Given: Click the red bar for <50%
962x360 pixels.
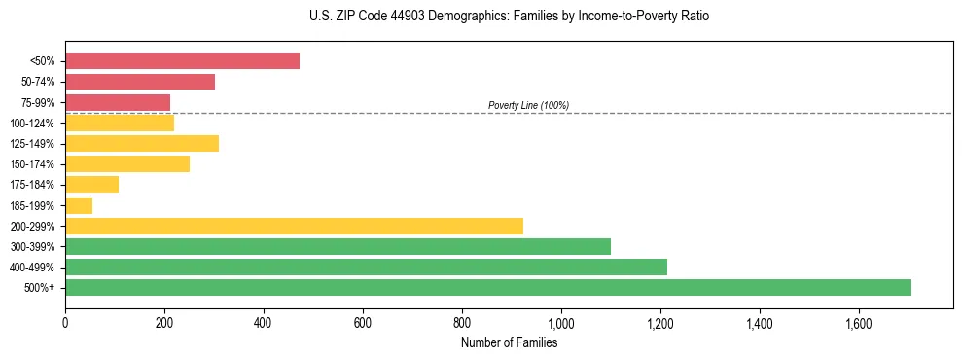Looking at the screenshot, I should [x=182, y=60].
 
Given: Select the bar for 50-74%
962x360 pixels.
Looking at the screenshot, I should [x=140, y=82].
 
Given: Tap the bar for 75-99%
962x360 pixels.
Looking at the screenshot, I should [x=118, y=102].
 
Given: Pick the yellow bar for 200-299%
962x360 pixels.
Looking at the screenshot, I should [x=294, y=226].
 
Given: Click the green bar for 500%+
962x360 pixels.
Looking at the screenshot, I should [x=488, y=287].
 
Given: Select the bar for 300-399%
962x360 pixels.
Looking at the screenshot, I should [x=338, y=246].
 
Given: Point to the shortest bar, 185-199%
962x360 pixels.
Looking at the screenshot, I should [x=79, y=205].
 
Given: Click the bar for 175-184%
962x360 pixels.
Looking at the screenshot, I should [x=91, y=184].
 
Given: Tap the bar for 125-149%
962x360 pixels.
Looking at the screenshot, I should [x=142, y=144].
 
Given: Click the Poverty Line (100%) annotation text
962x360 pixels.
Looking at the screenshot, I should [x=528, y=105].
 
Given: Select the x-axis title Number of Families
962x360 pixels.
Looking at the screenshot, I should [x=509, y=342].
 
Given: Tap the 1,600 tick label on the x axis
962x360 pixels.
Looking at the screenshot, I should [x=859, y=322].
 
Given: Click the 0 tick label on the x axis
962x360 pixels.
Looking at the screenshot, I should [x=65, y=322].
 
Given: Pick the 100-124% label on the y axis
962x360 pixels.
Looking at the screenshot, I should [x=32, y=124].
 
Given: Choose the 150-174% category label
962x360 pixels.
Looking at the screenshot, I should [x=32, y=164].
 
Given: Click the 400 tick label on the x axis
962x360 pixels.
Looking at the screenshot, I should [x=264, y=322].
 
